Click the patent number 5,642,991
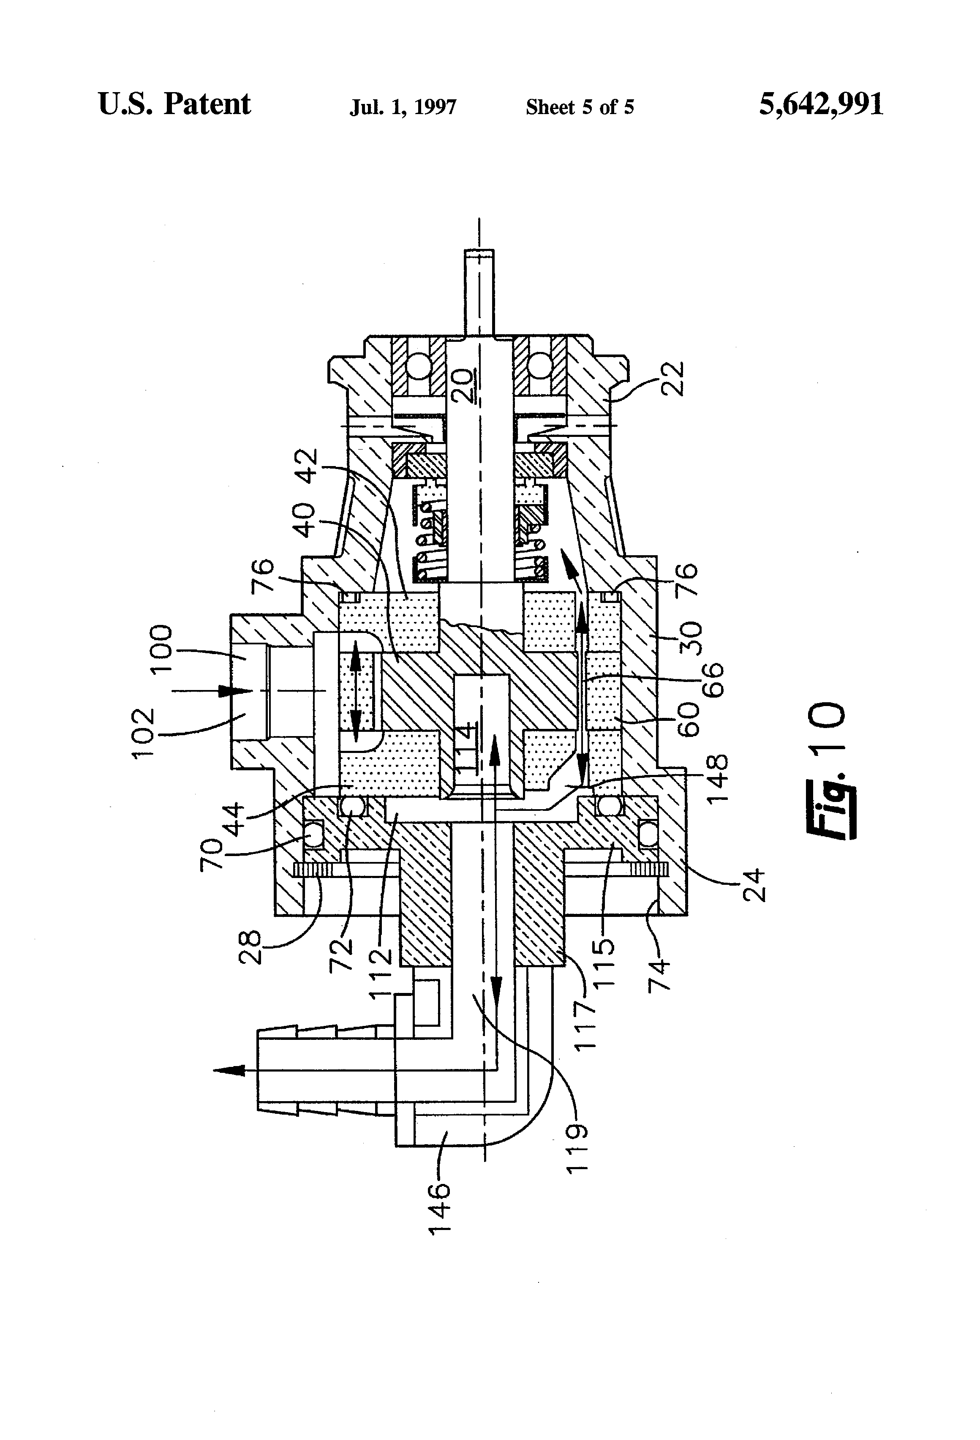pyautogui.click(x=821, y=104)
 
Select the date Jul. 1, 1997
pyautogui.click(x=403, y=107)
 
